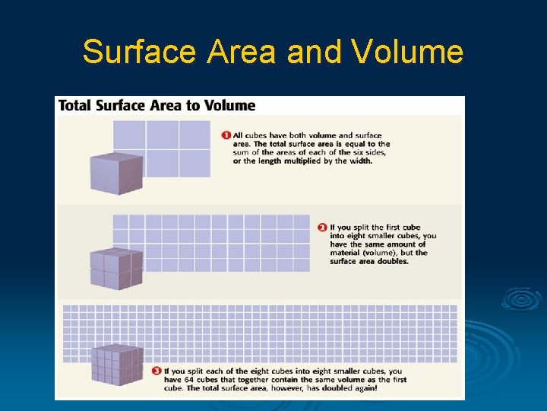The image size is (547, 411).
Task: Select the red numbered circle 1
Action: pyautogui.click(x=226, y=135)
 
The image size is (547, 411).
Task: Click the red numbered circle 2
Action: pyautogui.click(x=322, y=227)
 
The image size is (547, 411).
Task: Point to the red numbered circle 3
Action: pyautogui.click(x=156, y=371)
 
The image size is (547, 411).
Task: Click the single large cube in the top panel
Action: pyautogui.click(x=116, y=173)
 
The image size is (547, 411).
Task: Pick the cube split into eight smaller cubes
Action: pyautogui.click(x=116, y=268)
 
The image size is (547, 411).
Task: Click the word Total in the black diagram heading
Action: pyautogui.click(x=74, y=105)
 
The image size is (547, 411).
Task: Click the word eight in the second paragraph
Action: pyautogui.click(x=360, y=236)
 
